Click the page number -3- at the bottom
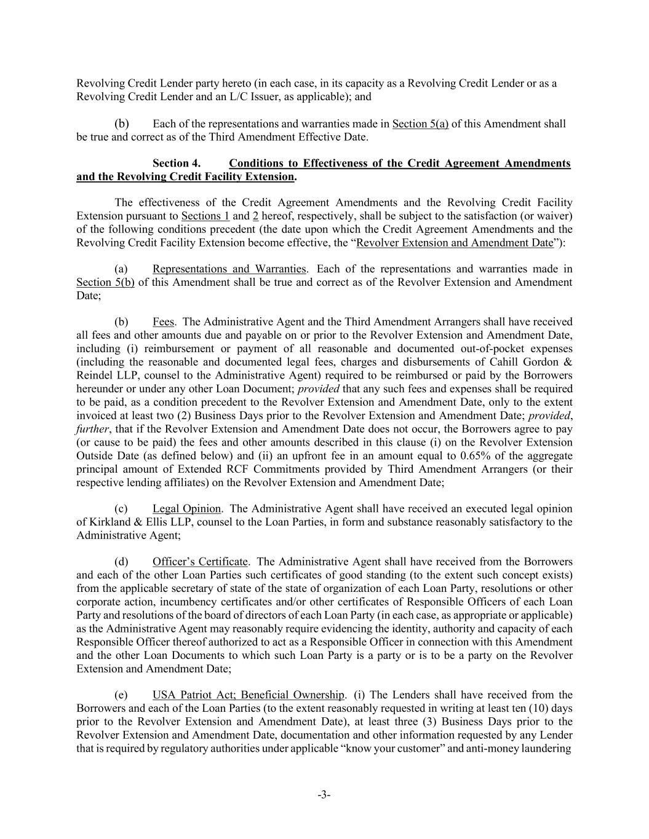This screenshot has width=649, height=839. coord(324,795)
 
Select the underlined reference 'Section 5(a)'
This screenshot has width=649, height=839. coord(420,124)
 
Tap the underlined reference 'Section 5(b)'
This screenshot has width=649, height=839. coord(105,282)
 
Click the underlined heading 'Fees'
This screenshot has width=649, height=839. coord(164,321)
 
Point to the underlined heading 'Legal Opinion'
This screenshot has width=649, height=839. coord(186,508)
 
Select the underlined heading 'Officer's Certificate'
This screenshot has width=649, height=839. coord(200,562)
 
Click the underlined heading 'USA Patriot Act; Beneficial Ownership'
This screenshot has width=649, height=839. coord(248,695)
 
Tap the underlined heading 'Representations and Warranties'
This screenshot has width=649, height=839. coord(229,269)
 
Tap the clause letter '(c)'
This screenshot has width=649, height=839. coord(121,508)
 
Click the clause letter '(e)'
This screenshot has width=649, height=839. coord(121,695)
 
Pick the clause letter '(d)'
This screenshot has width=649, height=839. coord(121,562)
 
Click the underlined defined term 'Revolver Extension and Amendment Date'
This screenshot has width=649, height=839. coord(455,242)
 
